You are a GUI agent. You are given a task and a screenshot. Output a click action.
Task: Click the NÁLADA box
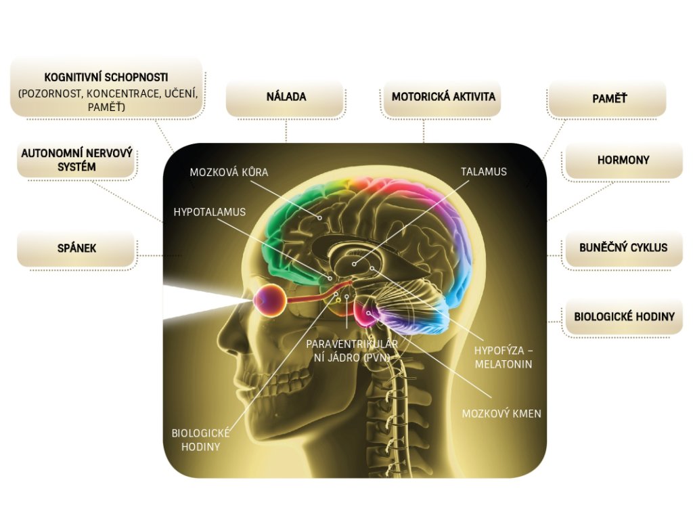(x=285, y=97)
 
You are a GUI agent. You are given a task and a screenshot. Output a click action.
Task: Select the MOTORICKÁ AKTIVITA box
(x=443, y=97)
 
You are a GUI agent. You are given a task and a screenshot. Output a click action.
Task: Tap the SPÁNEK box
(x=76, y=248)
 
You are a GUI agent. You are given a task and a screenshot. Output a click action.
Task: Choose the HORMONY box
(x=623, y=161)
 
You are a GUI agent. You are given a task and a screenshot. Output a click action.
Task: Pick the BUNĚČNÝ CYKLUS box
(x=623, y=248)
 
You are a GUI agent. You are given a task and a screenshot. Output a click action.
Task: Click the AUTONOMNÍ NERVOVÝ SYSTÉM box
(x=76, y=160)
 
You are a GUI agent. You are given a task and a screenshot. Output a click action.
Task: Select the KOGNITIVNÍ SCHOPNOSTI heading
(x=106, y=77)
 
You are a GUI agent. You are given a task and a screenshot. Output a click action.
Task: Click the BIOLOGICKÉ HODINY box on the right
(x=624, y=317)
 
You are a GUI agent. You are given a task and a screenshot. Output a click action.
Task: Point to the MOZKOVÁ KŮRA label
(x=229, y=172)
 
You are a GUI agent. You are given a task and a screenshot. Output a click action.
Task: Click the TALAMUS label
(x=484, y=172)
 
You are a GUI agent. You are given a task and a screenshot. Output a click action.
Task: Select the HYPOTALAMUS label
(x=209, y=212)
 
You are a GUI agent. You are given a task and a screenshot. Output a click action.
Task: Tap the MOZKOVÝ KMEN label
(x=501, y=413)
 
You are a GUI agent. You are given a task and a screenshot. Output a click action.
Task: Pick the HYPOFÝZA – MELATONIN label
(x=503, y=357)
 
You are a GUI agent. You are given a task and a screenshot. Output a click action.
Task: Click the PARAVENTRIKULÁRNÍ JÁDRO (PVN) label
(x=351, y=350)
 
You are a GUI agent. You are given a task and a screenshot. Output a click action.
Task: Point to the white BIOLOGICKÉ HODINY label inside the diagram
(x=200, y=439)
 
